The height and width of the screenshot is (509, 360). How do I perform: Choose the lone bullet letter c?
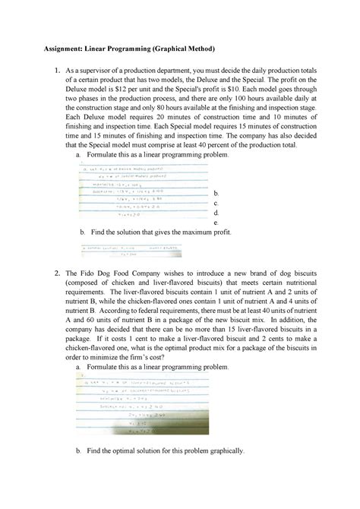(x=217, y=203)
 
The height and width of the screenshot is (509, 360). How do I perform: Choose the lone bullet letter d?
(x=217, y=213)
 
